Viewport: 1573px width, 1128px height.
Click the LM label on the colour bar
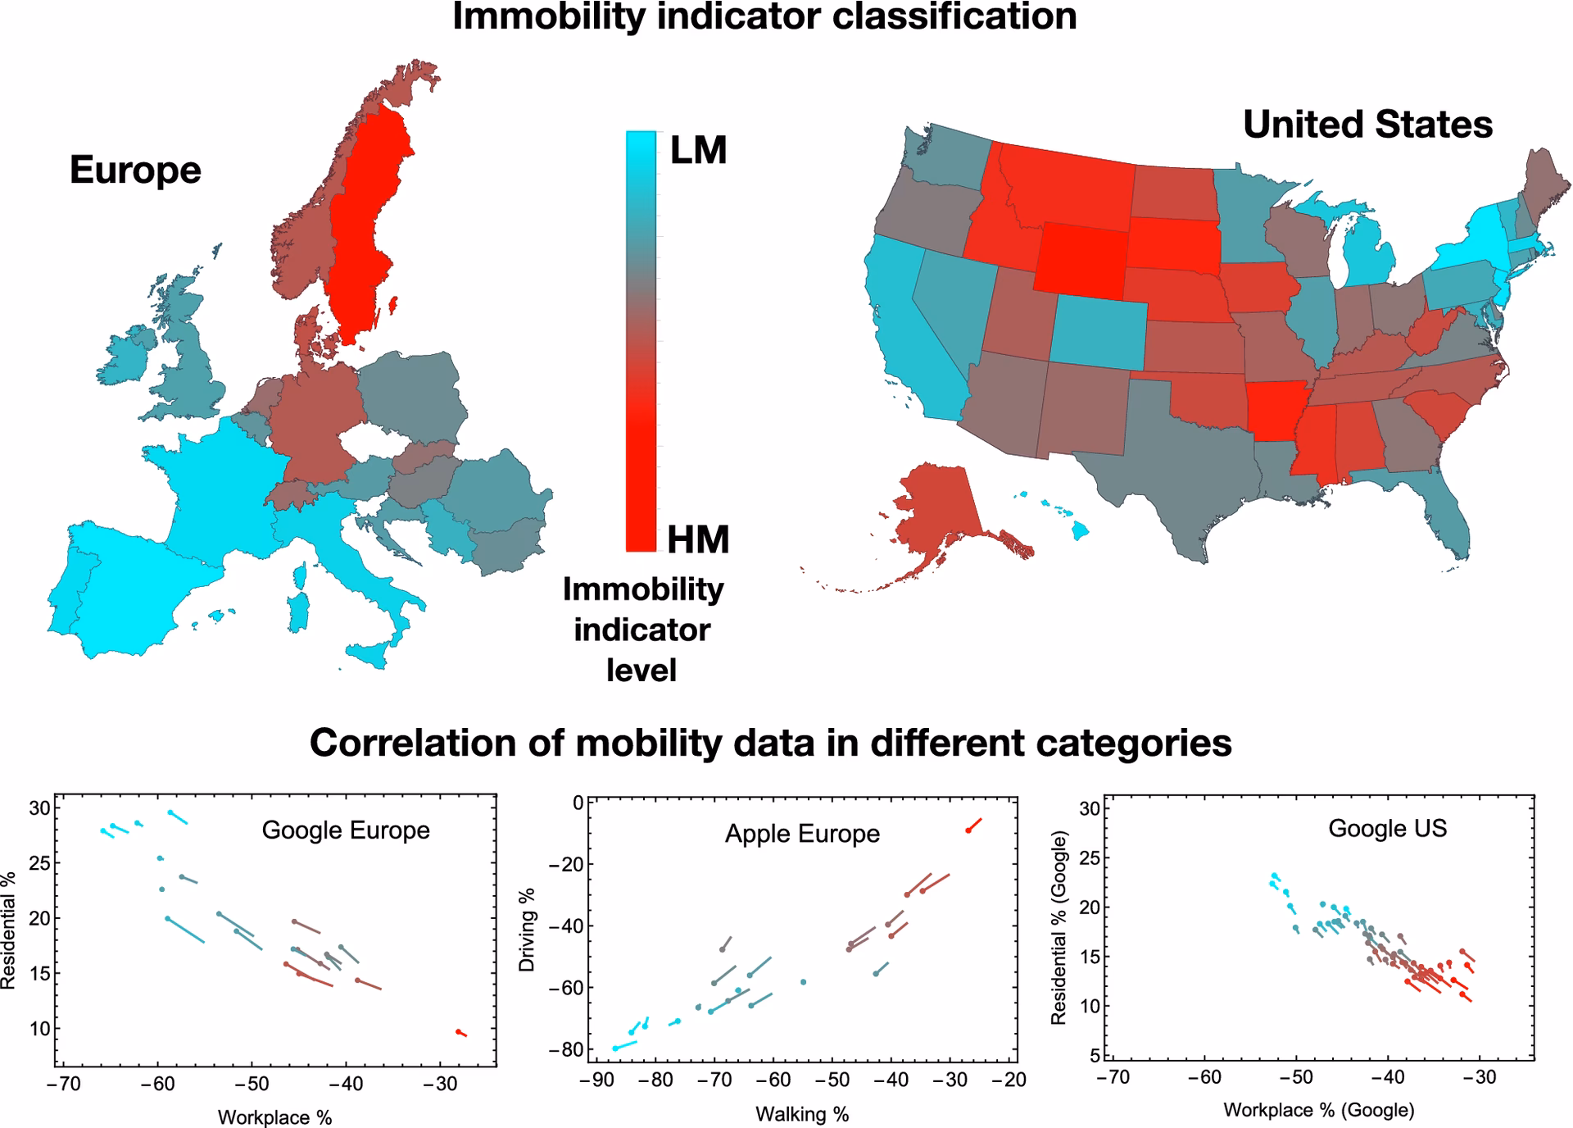click(x=698, y=151)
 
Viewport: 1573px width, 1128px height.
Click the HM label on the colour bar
click(x=698, y=539)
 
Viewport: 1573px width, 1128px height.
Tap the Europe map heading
click(x=135, y=170)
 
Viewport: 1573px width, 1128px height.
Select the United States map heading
click(x=1367, y=125)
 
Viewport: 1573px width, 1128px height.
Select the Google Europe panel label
click(x=346, y=830)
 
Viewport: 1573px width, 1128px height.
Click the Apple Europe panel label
click(x=802, y=834)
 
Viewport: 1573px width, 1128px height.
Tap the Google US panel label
click(x=1387, y=828)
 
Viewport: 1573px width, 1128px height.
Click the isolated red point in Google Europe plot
click(x=459, y=1032)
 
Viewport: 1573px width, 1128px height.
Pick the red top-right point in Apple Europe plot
click(x=968, y=830)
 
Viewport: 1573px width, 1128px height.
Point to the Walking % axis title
click(x=802, y=1114)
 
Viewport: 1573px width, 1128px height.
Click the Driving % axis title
click(x=527, y=930)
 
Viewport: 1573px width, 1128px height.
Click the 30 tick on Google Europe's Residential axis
click(x=40, y=808)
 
